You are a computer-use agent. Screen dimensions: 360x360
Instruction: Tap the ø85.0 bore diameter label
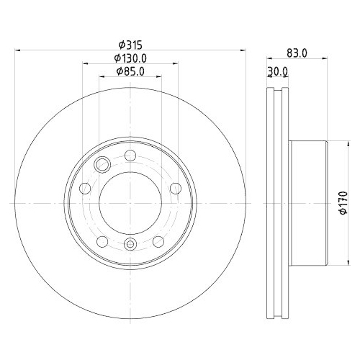pyautogui.click(x=130, y=72)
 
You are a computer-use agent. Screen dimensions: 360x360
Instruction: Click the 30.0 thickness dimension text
pyautogui.click(x=278, y=71)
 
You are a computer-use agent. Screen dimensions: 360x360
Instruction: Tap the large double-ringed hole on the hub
pyautogui.click(x=103, y=166)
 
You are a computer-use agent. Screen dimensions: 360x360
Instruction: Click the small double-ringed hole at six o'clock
pyautogui.click(x=130, y=245)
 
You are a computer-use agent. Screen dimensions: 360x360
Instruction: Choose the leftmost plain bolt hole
pyautogui.click(x=85, y=189)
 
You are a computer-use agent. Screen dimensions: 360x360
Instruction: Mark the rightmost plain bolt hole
pyautogui.click(x=175, y=189)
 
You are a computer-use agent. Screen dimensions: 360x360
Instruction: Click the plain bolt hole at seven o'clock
pyautogui.click(x=102, y=240)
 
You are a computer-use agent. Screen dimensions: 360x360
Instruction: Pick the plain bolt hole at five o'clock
pyautogui.click(x=158, y=240)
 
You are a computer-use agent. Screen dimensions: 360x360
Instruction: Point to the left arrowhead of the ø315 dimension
pyautogui.click(x=17, y=50)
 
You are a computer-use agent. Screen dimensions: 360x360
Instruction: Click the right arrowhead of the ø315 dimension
pyautogui.click(x=244, y=50)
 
